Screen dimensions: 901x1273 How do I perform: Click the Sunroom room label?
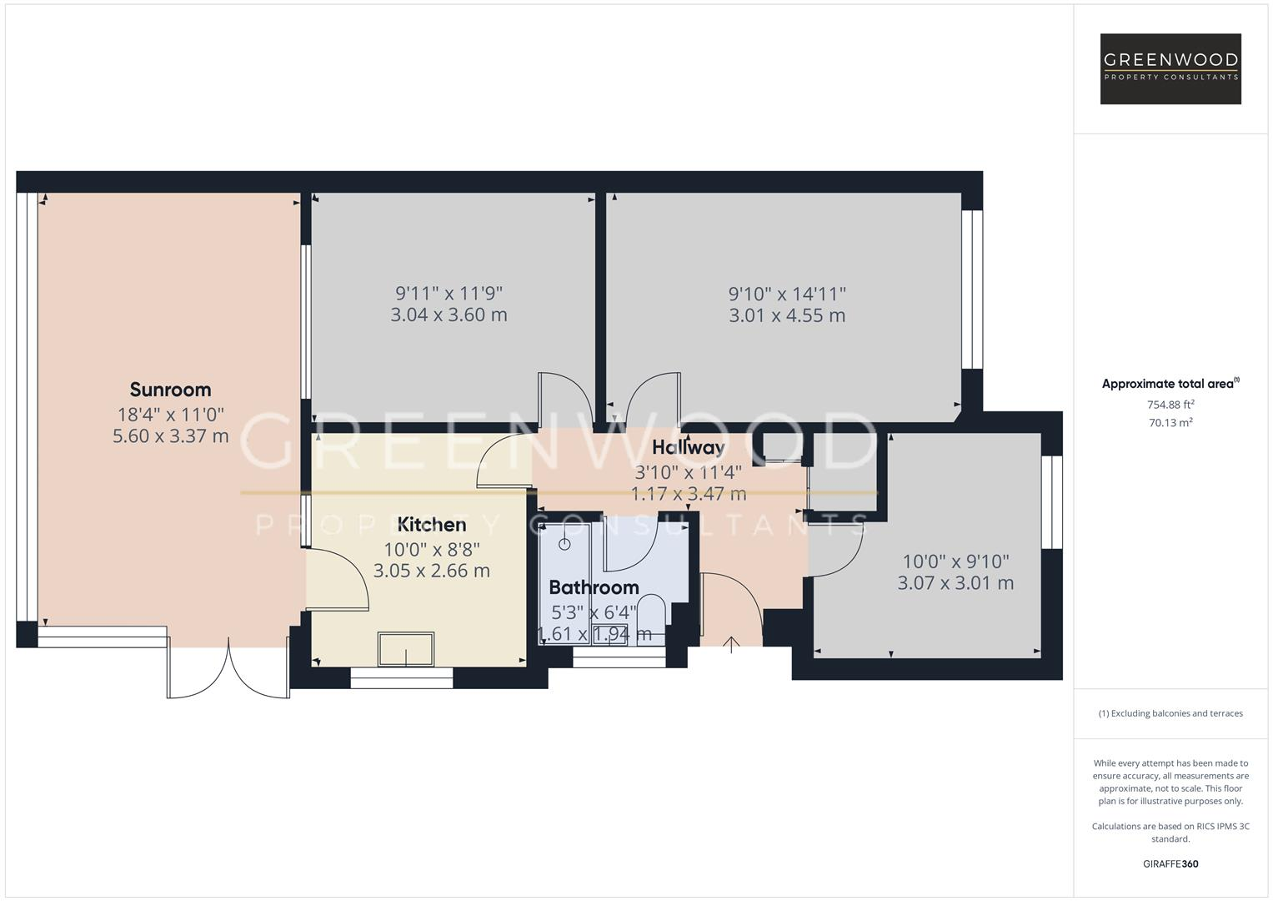click(x=170, y=390)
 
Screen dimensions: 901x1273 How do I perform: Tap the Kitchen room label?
click(x=431, y=525)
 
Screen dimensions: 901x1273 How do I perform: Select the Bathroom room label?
click(x=594, y=587)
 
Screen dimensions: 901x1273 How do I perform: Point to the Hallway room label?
click(x=688, y=448)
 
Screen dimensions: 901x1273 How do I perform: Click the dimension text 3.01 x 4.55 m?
click(x=786, y=315)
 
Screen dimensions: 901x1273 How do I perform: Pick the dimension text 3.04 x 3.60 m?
click(x=449, y=315)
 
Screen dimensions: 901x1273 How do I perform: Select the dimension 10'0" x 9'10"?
click(x=955, y=561)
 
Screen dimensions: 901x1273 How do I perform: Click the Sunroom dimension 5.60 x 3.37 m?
click(x=170, y=435)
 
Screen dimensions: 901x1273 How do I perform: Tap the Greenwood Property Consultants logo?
click(x=1170, y=68)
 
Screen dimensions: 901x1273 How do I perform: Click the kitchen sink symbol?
click(x=406, y=649)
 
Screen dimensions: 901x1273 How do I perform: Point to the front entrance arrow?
click(x=731, y=644)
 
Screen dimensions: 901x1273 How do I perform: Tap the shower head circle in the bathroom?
click(x=564, y=545)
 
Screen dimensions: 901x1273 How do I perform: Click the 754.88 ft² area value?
click(x=1170, y=405)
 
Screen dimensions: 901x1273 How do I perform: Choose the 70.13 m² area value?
click(x=1170, y=423)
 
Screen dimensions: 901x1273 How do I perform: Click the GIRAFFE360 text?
click(x=1170, y=863)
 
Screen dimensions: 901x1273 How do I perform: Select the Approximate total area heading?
click(x=1170, y=384)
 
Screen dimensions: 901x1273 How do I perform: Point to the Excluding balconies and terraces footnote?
click(x=1170, y=713)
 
